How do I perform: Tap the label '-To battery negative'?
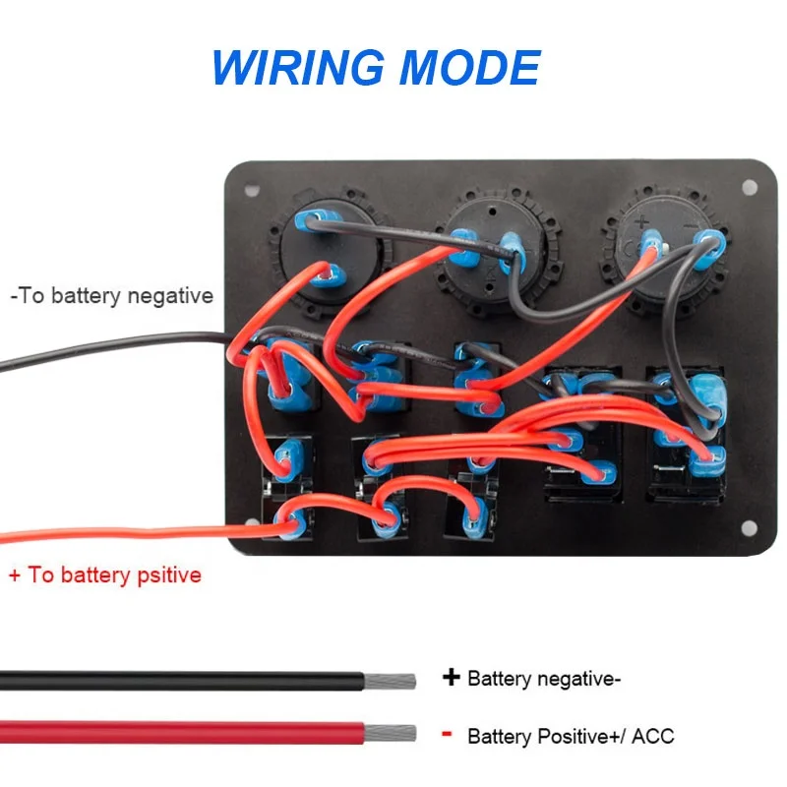(110, 295)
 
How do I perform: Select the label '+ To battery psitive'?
(105, 575)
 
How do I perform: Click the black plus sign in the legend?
(452, 677)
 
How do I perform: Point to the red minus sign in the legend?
(447, 733)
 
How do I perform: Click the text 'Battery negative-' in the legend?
(544, 678)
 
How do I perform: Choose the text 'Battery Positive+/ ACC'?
(571, 735)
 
